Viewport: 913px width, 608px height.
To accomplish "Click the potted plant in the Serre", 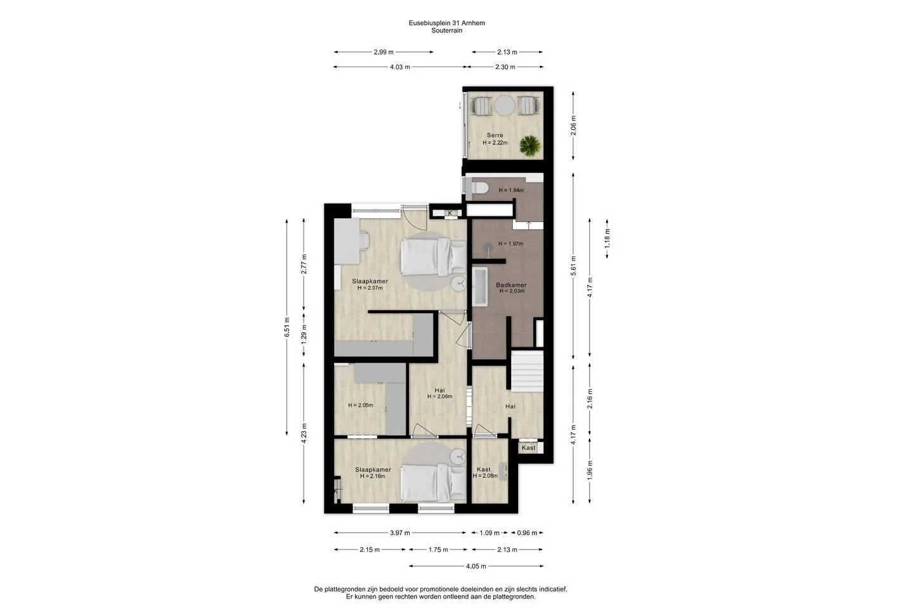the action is pos(530,145).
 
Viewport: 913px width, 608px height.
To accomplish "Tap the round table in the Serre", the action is pos(505,105).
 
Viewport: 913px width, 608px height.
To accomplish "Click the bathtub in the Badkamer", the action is pos(480,287).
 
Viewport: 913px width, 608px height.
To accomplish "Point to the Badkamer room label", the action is pos(511,285).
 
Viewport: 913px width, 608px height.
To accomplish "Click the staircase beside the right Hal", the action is pos(528,371).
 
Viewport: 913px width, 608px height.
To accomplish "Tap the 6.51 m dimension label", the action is pos(287,327).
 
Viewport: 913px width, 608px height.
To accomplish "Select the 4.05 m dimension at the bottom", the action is pos(476,566).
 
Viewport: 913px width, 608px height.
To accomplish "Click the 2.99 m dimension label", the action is pos(384,52).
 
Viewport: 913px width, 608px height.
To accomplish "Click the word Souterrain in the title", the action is pos(447,30).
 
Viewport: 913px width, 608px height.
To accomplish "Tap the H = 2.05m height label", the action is pos(360,405).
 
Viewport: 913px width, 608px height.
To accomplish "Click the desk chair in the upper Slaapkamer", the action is pos(79,240).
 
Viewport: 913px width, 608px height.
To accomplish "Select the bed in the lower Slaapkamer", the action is pos(433,483).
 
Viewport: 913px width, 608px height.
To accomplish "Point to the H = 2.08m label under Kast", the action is pos(485,475).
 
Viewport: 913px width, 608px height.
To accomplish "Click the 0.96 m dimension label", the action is pos(527,533).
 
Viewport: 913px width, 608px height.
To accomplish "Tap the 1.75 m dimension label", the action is pos(438,549).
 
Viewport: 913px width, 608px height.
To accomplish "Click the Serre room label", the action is pos(495,135).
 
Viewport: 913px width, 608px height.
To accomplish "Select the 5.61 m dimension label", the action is pos(573,266).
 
